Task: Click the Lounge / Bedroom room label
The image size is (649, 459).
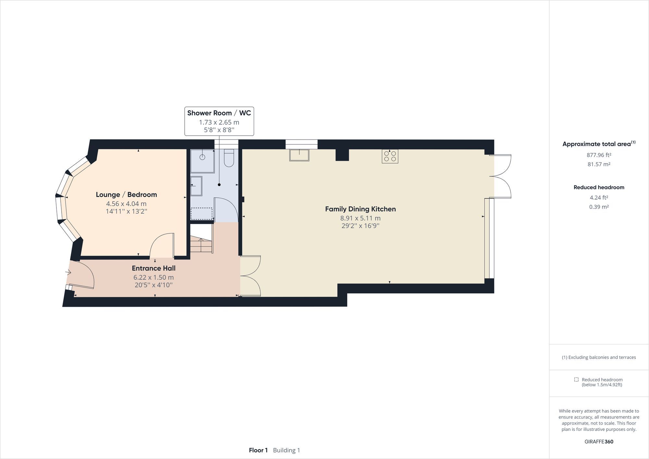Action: (126, 194)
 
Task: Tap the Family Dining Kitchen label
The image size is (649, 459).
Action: (360, 209)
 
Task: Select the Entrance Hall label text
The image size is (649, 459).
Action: (153, 268)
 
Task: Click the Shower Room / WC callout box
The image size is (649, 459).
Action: (219, 121)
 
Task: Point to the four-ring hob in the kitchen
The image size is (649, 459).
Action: (390, 156)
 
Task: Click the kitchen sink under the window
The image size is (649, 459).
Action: (299, 155)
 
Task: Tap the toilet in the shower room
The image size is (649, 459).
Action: (229, 158)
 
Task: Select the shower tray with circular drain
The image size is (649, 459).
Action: (202, 161)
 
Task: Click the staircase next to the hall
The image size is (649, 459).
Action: (201, 244)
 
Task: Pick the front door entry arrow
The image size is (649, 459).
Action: (68, 272)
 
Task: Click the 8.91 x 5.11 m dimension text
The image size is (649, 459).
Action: (360, 218)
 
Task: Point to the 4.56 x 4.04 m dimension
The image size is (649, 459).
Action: (126, 204)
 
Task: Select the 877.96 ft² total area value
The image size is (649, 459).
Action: (599, 155)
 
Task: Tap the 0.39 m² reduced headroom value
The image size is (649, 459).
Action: (599, 207)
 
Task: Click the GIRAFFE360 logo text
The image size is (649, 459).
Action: (599, 441)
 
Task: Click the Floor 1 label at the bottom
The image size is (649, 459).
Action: (258, 450)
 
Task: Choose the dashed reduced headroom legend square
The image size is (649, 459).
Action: (576, 379)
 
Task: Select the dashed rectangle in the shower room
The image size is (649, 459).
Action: (201, 214)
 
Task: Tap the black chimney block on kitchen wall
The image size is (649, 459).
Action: (342, 155)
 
